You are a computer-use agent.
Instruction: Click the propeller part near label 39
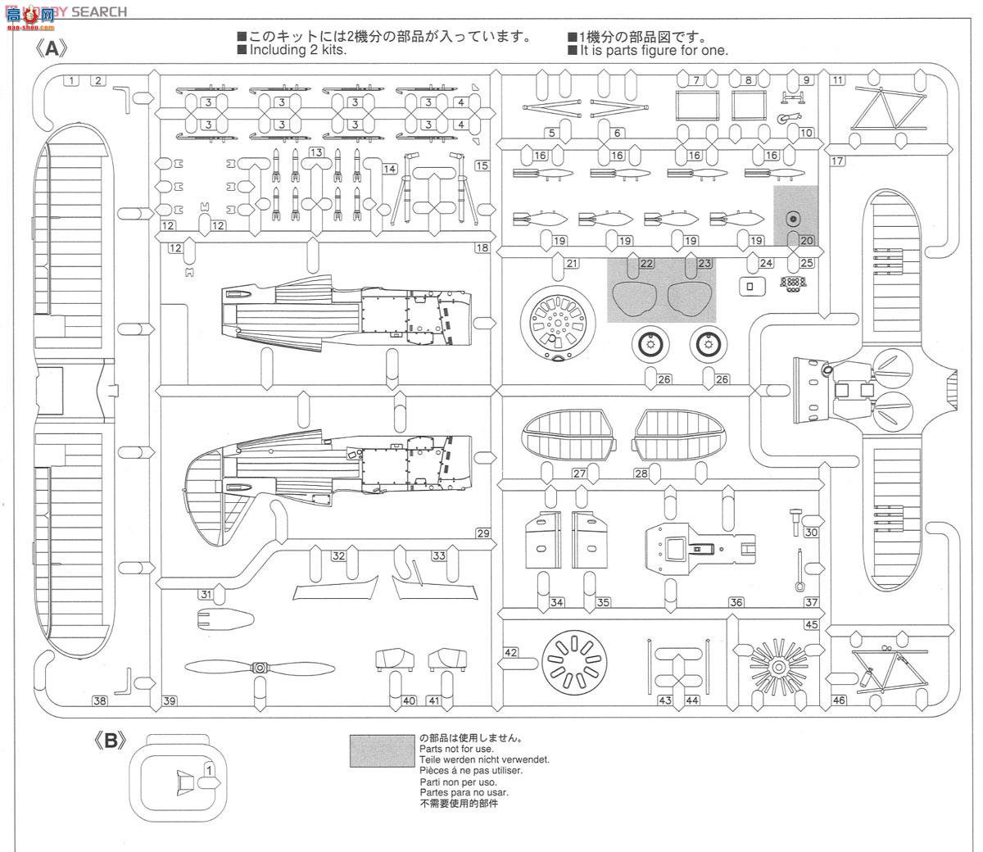[260, 668]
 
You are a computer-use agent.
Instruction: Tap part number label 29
[482, 533]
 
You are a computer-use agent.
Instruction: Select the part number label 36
[736, 602]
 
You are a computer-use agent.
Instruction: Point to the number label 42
[511, 652]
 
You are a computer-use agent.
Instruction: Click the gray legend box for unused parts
[382, 750]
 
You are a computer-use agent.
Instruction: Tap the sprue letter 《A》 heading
[51, 48]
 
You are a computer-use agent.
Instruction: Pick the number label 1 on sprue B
[209, 769]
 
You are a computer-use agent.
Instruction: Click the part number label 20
[806, 241]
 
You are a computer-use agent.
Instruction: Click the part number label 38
[99, 700]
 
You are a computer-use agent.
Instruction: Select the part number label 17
[837, 161]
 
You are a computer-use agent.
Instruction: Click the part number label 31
[206, 595]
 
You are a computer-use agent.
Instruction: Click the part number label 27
[579, 474]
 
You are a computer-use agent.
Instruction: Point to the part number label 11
[837, 79]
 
